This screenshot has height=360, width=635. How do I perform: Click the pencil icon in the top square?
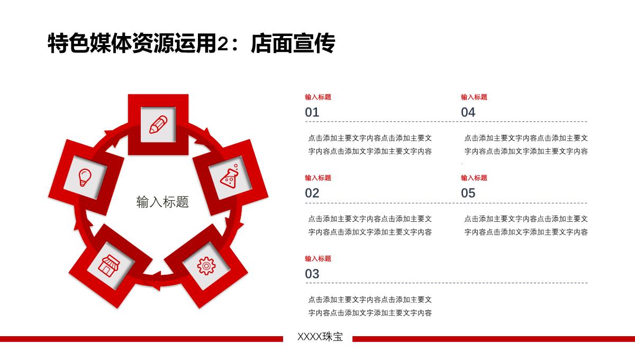click(158, 124)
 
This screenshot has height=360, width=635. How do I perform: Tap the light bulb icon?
click(85, 177)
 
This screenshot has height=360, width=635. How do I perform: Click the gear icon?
click(206, 266)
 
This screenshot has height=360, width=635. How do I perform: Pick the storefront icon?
click(109, 266)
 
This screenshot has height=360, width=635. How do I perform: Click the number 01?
click(312, 112)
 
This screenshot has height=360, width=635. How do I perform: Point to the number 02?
click(312, 193)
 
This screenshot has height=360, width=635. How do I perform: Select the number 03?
click(312, 274)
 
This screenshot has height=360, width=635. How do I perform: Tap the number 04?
click(468, 112)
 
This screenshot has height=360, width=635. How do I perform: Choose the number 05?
click(468, 193)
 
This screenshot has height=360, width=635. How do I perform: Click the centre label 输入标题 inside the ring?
click(162, 202)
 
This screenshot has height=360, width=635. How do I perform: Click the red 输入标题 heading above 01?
click(318, 97)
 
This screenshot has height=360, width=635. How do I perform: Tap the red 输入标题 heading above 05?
click(474, 178)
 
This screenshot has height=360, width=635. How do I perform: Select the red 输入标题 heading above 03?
click(318, 259)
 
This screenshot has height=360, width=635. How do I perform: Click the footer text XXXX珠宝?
click(320, 337)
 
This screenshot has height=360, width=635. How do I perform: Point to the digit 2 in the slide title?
click(223, 44)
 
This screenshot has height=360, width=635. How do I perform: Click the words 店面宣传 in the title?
click(293, 43)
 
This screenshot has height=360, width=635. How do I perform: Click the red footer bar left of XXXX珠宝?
click(141, 339)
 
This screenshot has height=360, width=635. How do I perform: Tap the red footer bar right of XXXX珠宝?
click(494, 339)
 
